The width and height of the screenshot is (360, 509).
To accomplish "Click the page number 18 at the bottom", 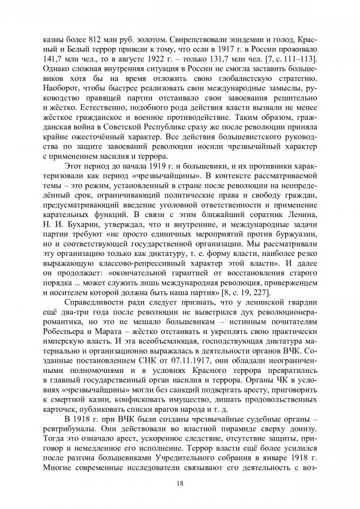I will pos(180,483).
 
